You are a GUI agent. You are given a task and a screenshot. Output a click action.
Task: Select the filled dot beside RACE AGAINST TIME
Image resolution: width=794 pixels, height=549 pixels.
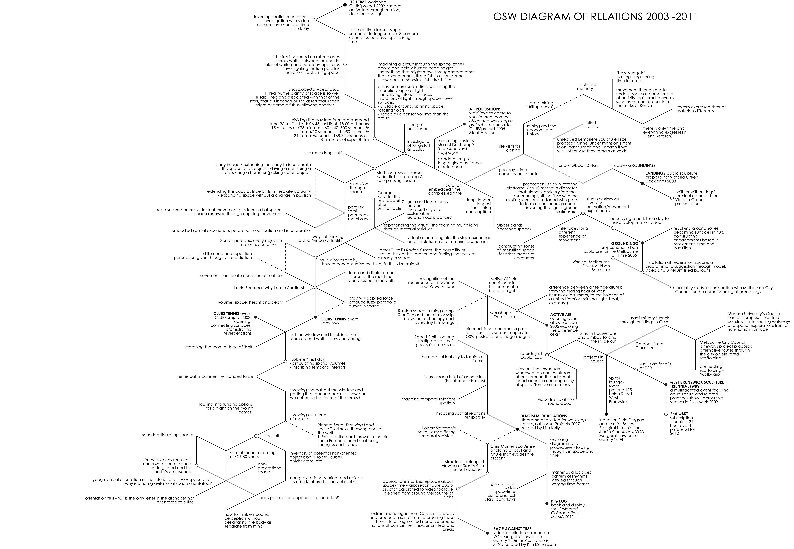pyautogui.click(x=487, y=533)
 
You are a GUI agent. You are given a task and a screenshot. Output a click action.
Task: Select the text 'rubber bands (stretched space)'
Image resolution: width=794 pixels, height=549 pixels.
pyautogui.click(x=513, y=227)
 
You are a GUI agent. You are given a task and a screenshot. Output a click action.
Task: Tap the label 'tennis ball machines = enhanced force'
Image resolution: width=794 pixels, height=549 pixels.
pyautogui.click(x=215, y=376)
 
